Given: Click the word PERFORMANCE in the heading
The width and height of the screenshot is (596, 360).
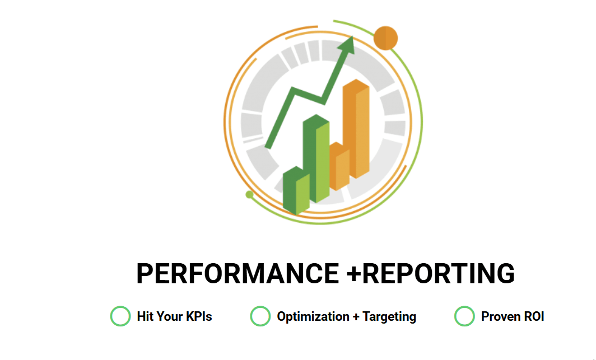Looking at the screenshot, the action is (238, 273).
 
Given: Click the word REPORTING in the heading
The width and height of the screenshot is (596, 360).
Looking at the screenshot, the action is (439, 273).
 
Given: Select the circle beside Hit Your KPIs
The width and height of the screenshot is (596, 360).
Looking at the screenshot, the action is (120, 316).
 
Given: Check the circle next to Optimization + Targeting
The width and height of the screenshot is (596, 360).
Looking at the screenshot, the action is (260, 316).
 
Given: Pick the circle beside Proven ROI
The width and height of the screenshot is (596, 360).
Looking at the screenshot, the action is (464, 316).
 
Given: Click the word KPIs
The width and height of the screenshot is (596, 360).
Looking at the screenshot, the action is (199, 316).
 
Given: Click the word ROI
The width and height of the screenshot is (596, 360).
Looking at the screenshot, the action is (531, 316).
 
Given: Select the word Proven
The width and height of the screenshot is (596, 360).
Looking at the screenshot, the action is (498, 316).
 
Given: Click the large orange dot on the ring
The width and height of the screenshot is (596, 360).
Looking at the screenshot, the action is (385, 38).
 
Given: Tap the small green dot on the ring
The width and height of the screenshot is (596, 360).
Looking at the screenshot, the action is (249, 194).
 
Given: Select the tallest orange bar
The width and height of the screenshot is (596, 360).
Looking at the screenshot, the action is (356, 129).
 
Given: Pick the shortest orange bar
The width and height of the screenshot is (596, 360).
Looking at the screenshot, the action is (339, 166).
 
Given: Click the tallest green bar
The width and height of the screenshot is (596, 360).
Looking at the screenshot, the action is (316, 158).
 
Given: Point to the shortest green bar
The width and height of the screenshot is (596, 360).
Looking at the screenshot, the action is (296, 190).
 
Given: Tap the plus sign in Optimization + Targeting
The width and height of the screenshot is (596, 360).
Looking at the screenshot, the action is (356, 317).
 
